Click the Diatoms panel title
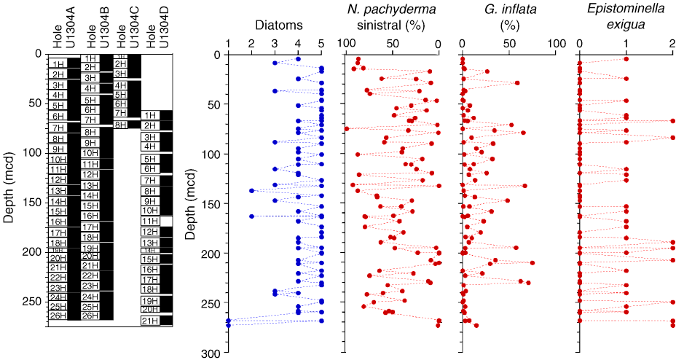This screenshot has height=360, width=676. click(x=274, y=25)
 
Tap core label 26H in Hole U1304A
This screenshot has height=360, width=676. click(x=58, y=316)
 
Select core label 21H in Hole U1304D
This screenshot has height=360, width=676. click(x=149, y=321)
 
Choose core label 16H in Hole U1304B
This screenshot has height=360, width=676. click(x=90, y=216)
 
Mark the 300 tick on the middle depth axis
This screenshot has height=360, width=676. click(x=212, y=353)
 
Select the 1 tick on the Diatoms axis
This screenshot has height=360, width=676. click(x=228, y=43)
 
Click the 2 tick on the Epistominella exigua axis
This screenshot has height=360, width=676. click(x=672, y=43)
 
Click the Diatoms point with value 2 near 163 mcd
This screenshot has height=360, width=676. click(x=251, y=216)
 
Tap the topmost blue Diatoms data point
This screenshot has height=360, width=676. click(x=298, y=59)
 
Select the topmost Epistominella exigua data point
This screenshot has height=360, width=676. click(x=626, y=59)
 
